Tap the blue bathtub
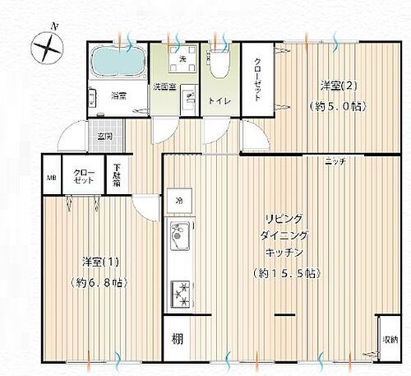coord(114,59)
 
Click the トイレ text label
coord(218,101)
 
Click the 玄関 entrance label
coord(105,136)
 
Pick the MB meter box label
coord(50,177)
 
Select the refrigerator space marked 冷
coord(178,200)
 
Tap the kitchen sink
coord(179,239)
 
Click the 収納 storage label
coord(387,339)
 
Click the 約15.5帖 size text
coord(285,272)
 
